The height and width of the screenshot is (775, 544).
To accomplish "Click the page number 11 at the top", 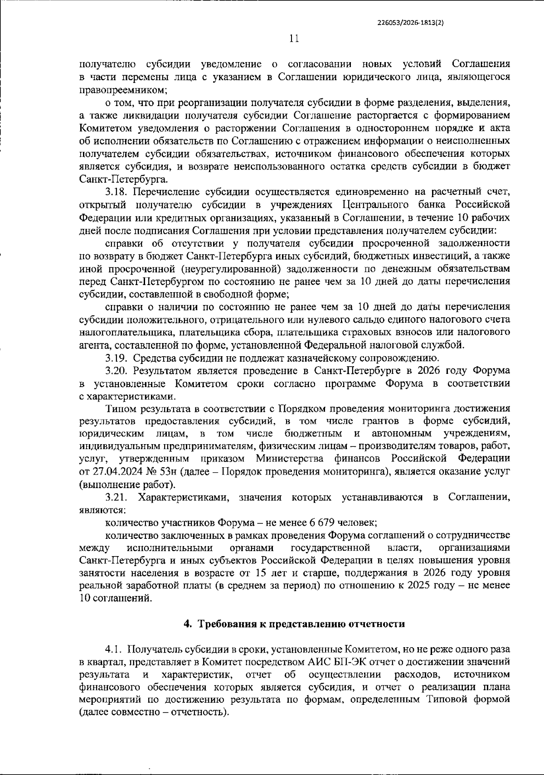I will point(294,39).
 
